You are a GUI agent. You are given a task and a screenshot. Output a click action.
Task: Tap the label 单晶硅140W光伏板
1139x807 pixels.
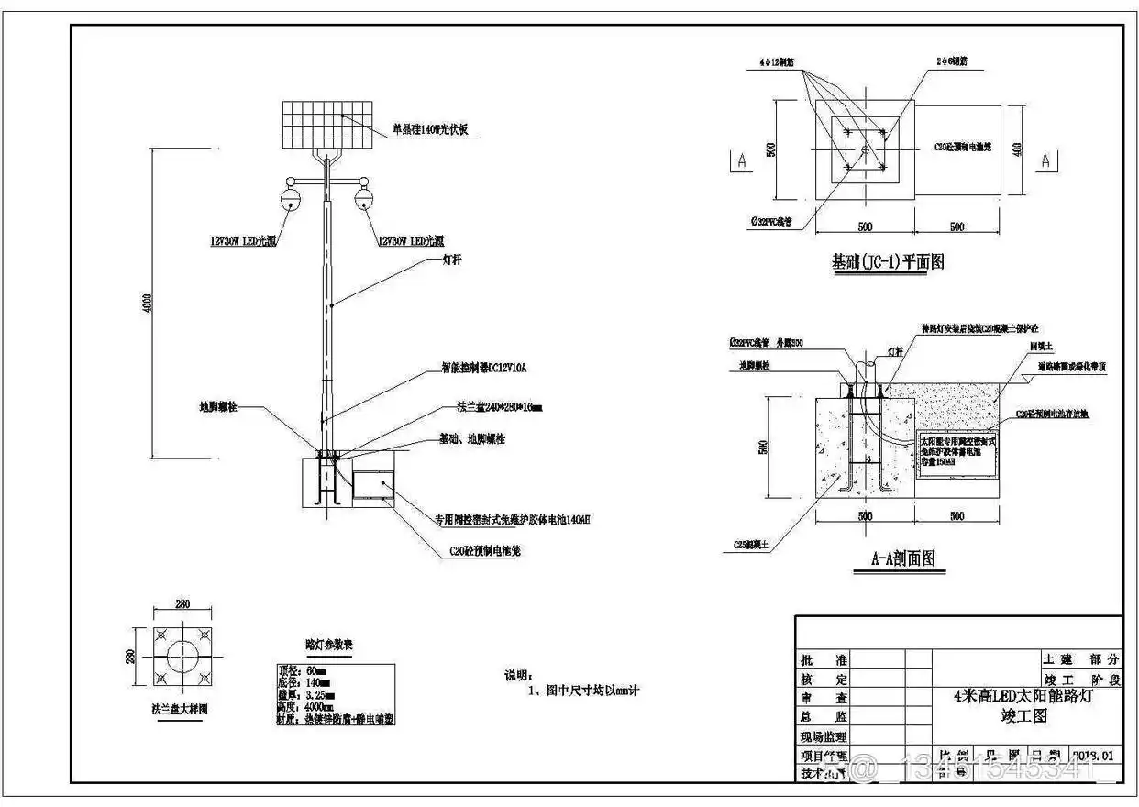pos(430,129)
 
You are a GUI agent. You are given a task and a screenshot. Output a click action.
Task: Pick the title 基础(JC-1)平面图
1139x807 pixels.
pos(887,263)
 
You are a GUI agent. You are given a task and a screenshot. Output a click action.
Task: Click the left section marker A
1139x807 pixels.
pos(740,160)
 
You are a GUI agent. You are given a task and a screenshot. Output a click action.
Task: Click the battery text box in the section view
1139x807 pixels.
pos(957,451)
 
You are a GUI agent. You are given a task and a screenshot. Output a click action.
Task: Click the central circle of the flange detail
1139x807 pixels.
pos(181,658)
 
